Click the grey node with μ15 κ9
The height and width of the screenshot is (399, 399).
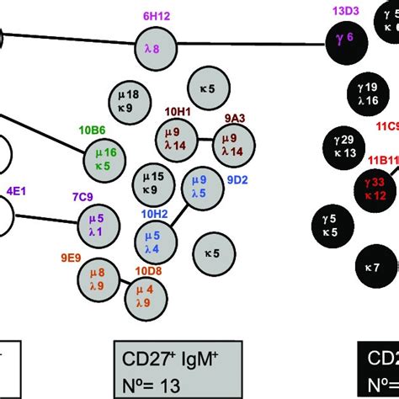tap(153, 184)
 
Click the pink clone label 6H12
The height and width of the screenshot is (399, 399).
tap(156, 16)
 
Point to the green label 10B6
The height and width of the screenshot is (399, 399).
tap(93, 131)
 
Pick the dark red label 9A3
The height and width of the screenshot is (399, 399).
tap(235, 119)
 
